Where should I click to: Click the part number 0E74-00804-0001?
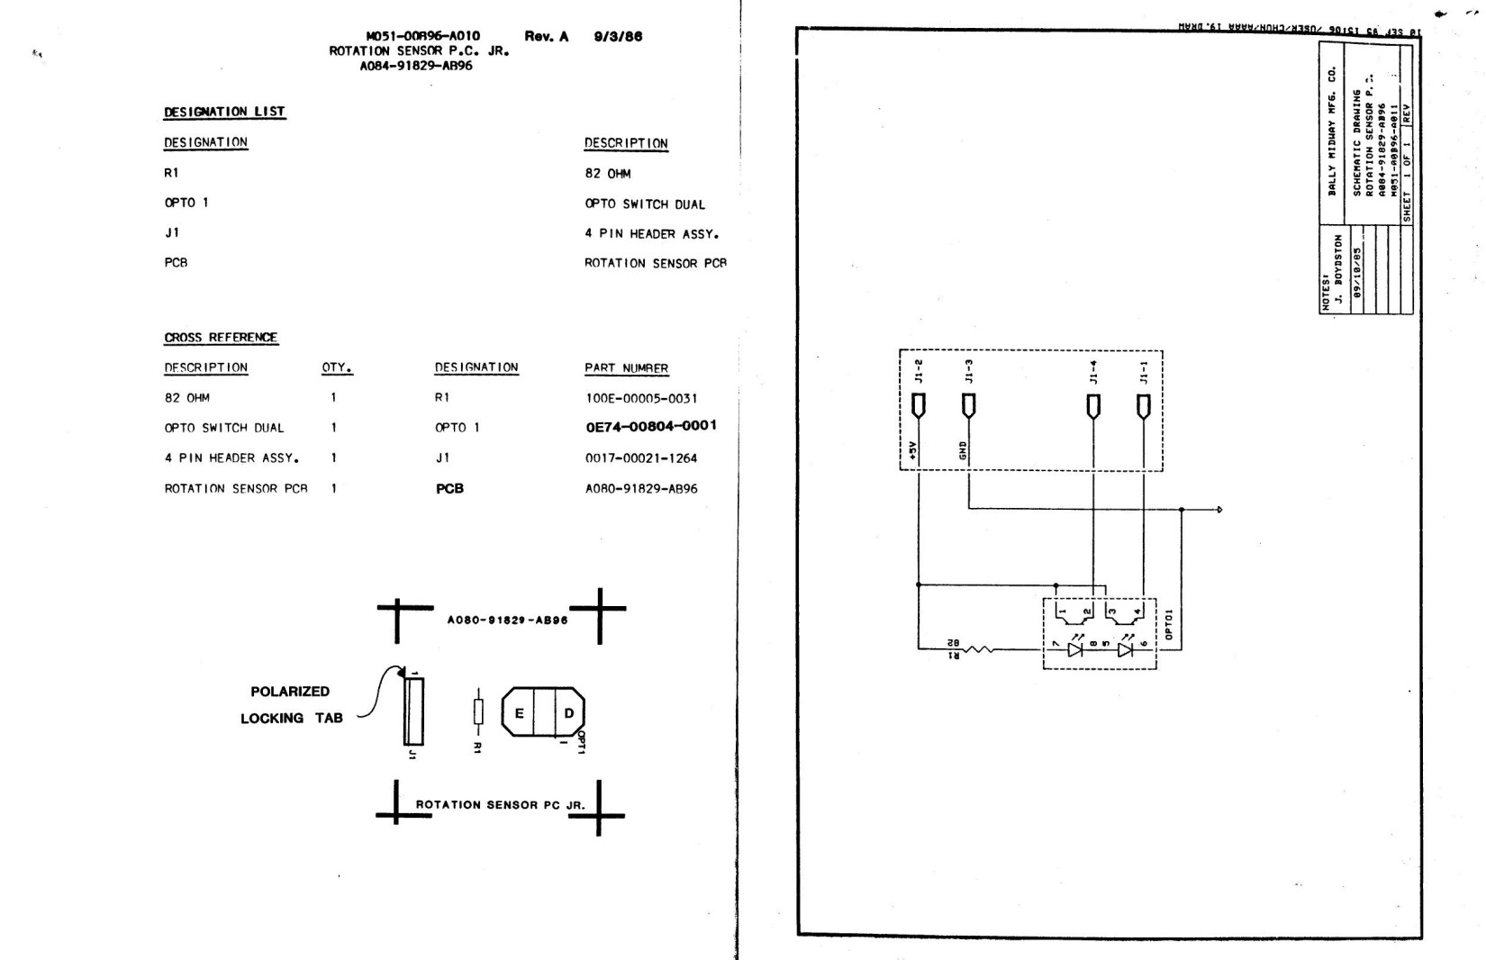click(651, 426)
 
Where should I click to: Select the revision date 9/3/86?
click(618, 37)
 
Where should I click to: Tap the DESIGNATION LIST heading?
click(224, 112)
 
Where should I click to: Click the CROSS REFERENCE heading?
click(221, 338)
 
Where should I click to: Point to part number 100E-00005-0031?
click(641, 398)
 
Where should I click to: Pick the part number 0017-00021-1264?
click(641, 458)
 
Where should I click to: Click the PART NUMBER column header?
click(626, 368)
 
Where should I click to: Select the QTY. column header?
click(337, 367)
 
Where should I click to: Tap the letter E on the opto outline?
click(520, 713)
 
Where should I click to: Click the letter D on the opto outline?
click(569, 713)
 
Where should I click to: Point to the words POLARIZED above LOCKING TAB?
click(290, 692)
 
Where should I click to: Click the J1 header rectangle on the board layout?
click(413, 711)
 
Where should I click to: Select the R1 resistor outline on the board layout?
click(478, 711)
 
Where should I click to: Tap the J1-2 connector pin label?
click(919, 372)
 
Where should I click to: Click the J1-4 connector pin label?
click(1093, 372)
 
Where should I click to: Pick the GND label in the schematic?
click(963, 450)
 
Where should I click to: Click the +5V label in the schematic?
click(912, 450)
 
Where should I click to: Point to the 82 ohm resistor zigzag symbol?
click(977, 648)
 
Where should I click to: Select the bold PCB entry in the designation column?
click(449, 489)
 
